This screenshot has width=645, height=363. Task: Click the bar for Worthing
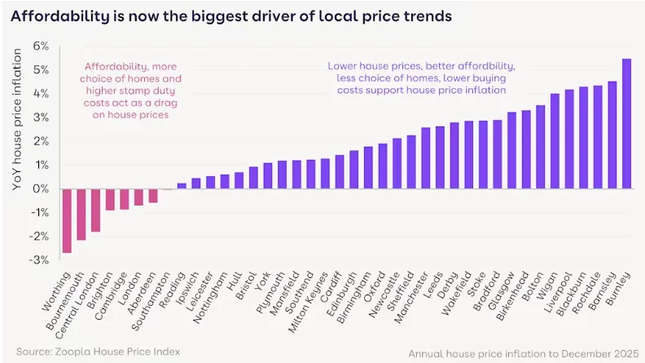(x=67, y=221)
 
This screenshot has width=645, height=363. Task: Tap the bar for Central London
(x=95, y=210)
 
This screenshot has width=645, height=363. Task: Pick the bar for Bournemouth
(x=81, y=215)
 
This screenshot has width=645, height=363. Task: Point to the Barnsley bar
(x=612, y=135)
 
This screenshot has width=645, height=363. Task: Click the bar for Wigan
(x=555, y=141)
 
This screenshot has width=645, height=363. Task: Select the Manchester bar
(x=426, y=158)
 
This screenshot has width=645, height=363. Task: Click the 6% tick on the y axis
(x=41, y=46)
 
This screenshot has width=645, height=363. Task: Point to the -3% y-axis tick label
(x=39, y=259)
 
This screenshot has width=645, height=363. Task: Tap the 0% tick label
(x=41, y=188)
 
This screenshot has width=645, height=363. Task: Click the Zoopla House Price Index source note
(x=98, y=352)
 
